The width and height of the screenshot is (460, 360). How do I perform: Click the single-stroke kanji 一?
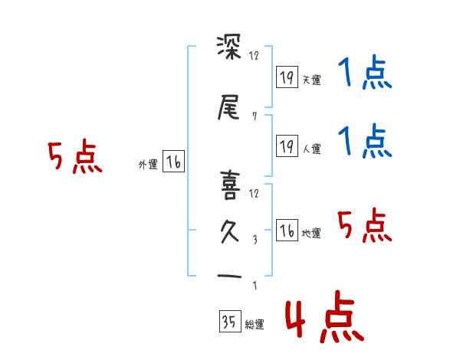click(x=231, y=276)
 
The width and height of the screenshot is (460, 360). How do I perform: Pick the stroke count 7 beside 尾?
click(x=254, y=116)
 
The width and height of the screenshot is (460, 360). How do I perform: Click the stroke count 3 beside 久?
click(x=254, y=239)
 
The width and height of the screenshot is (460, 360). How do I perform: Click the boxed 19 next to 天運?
click(x=287, y=77)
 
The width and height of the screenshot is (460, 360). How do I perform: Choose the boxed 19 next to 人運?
click(x=287, y=146)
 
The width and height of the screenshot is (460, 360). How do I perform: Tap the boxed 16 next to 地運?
click(x=287, y=231)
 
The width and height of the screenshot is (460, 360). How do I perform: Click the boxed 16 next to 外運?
click(x=173, y=162)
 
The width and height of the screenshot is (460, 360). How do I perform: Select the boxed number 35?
click(x=228, y=322)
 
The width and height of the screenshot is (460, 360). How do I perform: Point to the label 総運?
click(x=254, y=325)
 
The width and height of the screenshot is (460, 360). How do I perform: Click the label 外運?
click(x=148, y=164)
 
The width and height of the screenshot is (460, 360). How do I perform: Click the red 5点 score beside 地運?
click(x=364, y=226)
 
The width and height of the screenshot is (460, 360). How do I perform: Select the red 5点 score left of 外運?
click(x=74, y=158)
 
